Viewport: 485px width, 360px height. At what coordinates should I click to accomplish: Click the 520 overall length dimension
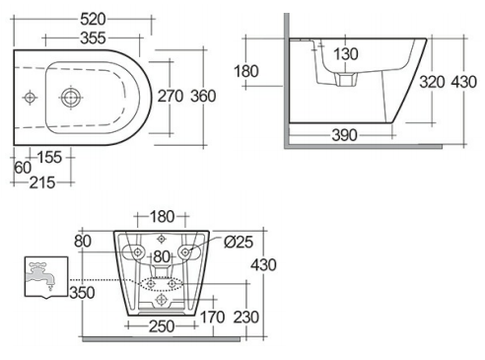(93, 19)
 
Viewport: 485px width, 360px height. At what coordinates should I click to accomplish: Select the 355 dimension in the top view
(93, 38)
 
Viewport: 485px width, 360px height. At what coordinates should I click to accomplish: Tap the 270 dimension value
(171, 96)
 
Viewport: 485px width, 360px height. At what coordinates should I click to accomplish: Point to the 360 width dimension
(203, 96)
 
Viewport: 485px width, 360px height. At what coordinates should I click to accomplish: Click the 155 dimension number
(49, 157)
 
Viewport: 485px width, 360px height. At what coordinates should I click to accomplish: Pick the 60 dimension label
(23, 168)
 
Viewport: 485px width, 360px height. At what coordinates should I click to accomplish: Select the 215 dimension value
(42, 182)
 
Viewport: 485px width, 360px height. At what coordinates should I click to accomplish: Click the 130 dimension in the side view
(346, 54)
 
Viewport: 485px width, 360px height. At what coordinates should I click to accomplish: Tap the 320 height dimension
(432, 82)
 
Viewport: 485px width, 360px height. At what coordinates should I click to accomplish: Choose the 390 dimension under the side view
(344, 135)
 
